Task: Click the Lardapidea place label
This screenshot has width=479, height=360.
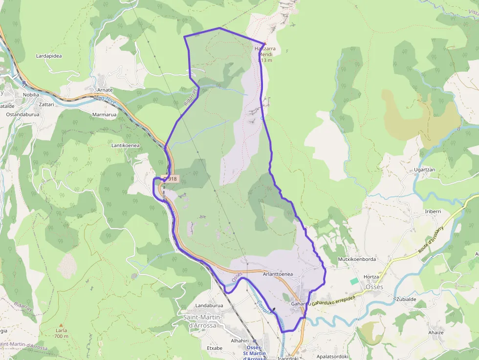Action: [49, 56]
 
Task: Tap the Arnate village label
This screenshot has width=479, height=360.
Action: [105, 90]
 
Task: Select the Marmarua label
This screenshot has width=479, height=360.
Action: [104, 115]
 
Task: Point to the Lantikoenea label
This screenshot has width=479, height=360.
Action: [126, 146]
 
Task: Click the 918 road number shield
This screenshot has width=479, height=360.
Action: [171, 179]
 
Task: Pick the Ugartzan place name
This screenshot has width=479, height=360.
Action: [424, 169]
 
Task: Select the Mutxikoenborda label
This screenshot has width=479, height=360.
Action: [357, 259]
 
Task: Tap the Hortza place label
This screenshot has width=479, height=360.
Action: [371, 277]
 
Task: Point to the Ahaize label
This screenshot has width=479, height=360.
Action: [435, 333]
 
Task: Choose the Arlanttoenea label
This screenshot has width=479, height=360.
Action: [278, 275]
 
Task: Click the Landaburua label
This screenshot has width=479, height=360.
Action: [209, 306]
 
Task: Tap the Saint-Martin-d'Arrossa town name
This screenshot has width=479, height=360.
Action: [203, 321]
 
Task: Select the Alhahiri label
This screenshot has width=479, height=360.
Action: [239, 341]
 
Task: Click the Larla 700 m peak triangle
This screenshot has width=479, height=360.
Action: [61, 325]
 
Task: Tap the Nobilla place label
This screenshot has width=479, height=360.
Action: [30, 95]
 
